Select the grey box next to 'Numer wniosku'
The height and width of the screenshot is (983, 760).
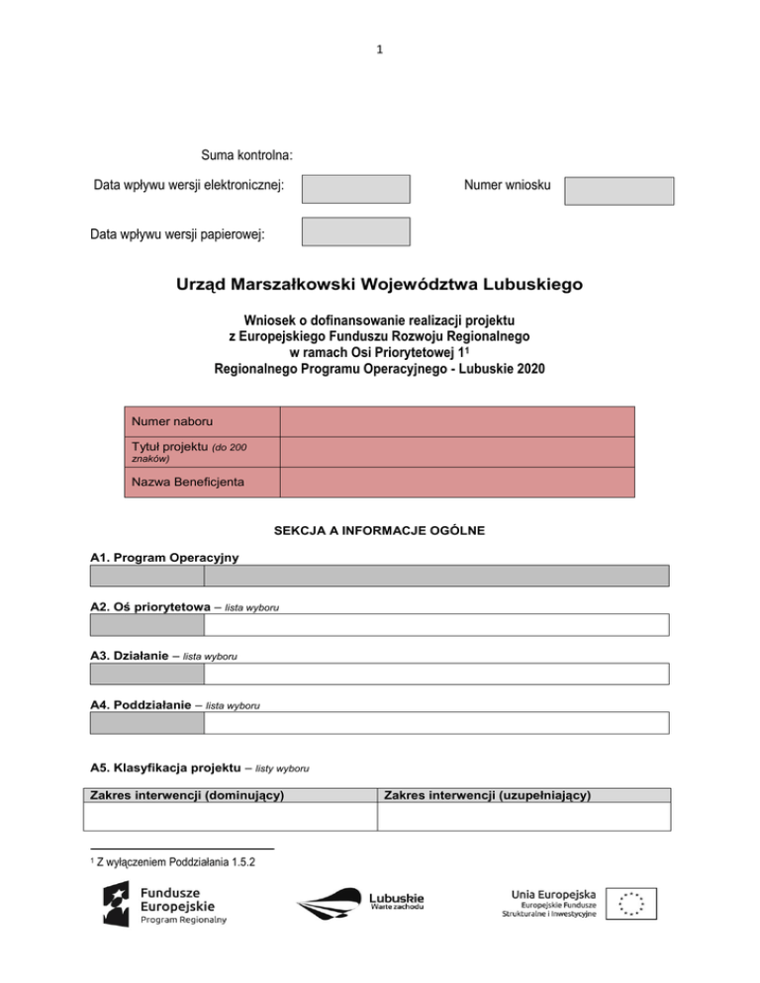[x=618, y=191]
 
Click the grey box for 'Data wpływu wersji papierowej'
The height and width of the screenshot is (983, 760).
[x=355, y=232]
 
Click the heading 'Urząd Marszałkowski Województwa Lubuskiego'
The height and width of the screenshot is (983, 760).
[x=379, y=286]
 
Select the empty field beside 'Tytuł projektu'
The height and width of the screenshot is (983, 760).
[x=456, y=452]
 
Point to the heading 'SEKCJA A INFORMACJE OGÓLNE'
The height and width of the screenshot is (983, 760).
[x=379, y=531]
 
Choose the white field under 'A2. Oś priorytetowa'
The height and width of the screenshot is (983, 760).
[x=436, y=625]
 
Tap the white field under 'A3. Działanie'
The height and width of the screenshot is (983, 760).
[x=436, y=673]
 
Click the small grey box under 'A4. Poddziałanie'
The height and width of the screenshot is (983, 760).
[x=146, y=723]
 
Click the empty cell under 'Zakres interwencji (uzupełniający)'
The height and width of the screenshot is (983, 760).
[x=522, y=817]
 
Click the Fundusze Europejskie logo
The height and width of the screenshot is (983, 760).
[x=166, y=904]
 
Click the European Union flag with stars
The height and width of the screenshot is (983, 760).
[x=630, y=904]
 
